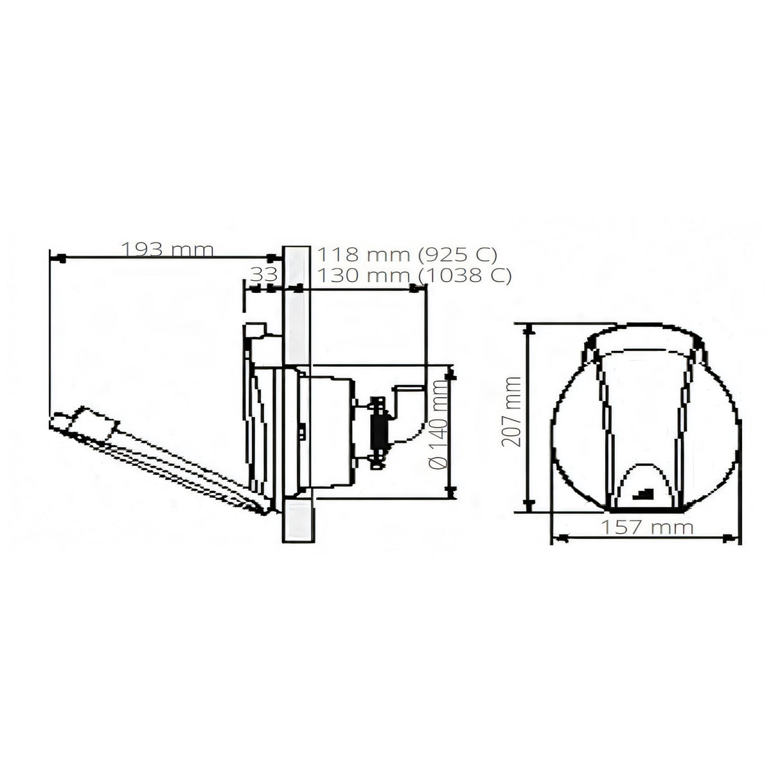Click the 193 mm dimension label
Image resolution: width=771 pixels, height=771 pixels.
point(167,250)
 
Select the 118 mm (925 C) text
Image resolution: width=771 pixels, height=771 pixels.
point(407,254)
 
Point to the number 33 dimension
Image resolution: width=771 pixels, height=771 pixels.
point(264,275)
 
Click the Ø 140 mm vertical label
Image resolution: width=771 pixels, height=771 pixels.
point(438,424)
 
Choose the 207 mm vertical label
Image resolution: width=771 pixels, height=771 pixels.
point(512,411)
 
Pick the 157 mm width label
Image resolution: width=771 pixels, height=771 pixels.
point(647,527)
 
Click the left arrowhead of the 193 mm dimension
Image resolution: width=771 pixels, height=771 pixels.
point(61,258)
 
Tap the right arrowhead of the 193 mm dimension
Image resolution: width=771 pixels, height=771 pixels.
point(272,258)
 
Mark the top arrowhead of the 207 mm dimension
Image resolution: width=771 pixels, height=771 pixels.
point(529,330)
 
